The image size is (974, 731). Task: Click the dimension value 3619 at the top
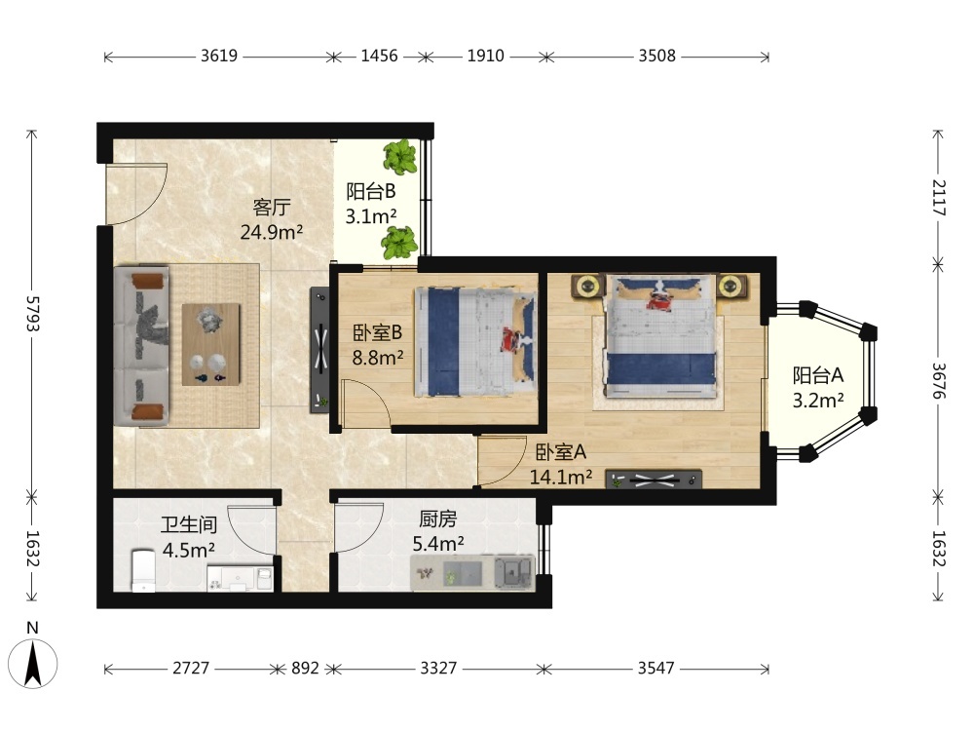tap(218, 56)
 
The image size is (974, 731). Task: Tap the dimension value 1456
tap(379, 56)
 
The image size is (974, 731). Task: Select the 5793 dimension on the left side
tap(32, 314)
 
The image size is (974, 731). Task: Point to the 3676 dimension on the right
tap(938, 381)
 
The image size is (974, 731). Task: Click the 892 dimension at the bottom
tap(305, 669)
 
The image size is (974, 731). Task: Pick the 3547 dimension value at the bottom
tap(656, 669)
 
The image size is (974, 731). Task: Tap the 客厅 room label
tap(272, 207)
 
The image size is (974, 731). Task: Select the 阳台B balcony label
tap(371, 191)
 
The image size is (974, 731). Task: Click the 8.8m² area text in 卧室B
tap(378, 358)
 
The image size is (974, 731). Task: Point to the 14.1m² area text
tap(560, 477)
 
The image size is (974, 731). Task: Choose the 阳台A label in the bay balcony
tap(818, 375)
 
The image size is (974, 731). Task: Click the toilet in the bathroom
tap(143, 569)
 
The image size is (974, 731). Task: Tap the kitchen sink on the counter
tap(514, 571)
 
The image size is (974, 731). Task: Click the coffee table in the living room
tap(211, 344)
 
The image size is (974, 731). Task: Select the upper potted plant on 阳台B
tap(400, 156)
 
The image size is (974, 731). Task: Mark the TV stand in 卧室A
tap(654, 479)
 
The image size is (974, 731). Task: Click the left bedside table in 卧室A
tap(587, 287)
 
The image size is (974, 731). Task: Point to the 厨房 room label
tap(438, 519)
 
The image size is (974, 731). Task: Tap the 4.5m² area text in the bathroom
tap(188, 550)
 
